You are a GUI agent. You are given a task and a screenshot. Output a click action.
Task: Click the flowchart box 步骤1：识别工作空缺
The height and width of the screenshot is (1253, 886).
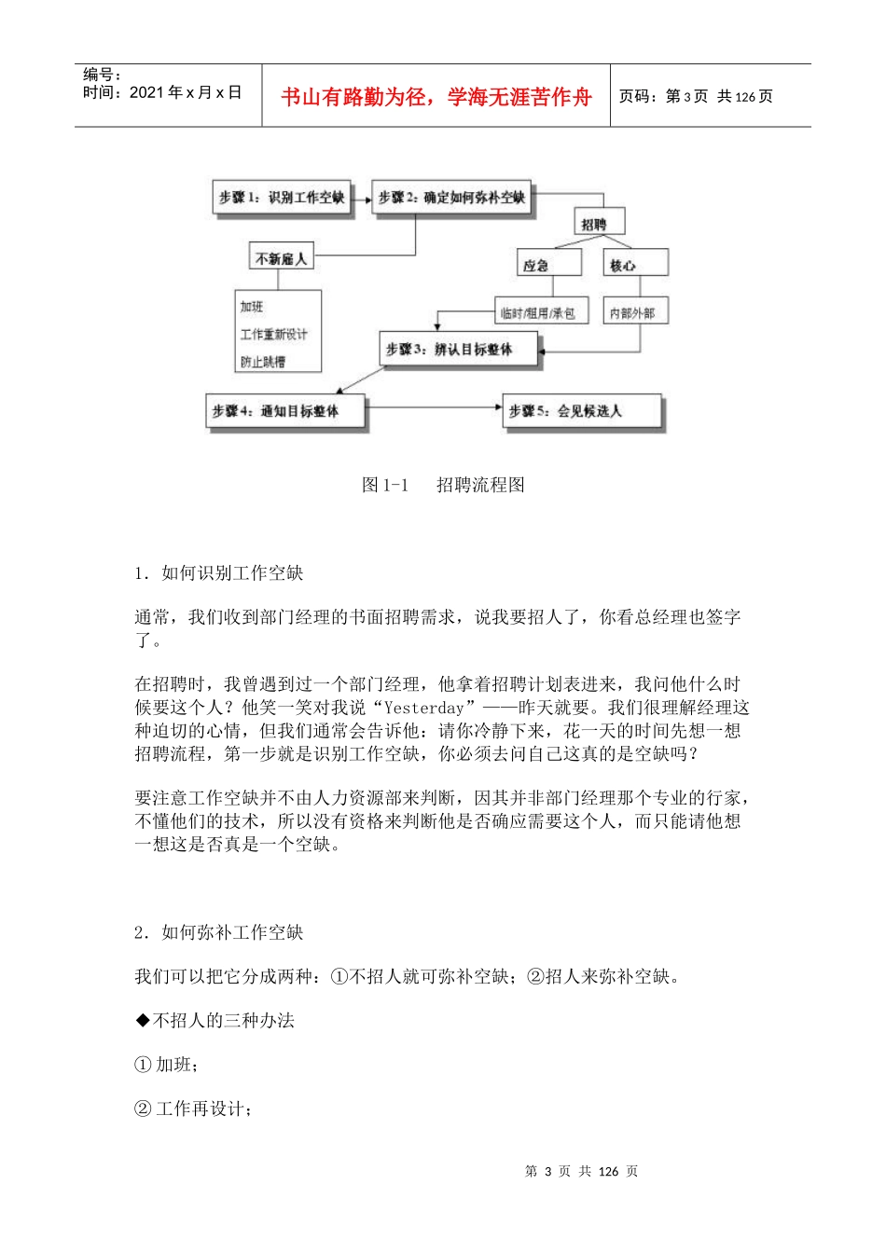pyautogui.click(x=282, y=198)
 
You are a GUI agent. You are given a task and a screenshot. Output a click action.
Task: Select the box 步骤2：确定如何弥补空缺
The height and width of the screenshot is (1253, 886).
pyautogui.click(x=451, y=198)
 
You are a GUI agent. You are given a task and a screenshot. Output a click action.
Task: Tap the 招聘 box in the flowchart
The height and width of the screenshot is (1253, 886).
pyautogui.click(x=595, y=224)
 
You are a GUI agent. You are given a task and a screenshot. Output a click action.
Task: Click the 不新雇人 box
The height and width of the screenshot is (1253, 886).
pyautogui.click(x=281, y=258)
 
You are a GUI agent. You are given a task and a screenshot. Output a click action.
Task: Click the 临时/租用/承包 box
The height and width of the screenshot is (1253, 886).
pyautogui.click(x=538, y=313)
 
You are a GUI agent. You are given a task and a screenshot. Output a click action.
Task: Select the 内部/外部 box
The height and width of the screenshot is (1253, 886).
pyautogui.click(x=634, y=313)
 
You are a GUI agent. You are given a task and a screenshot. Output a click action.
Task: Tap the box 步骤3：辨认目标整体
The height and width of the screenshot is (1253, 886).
pyautogui.click(x=459, y=350)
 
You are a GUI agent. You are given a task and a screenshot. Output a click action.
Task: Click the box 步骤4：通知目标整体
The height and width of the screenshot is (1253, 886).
pyautogui.click(x=285, y=411)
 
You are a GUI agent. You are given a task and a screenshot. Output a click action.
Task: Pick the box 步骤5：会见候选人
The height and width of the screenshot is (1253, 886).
pyautogui.click(x=581, y=411)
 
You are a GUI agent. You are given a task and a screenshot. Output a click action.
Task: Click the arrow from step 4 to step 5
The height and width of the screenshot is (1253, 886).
pyautogui.click(x=434, y=407)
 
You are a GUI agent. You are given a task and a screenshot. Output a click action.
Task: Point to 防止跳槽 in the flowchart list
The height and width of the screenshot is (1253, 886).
pyautogui.click(x=263, y=362)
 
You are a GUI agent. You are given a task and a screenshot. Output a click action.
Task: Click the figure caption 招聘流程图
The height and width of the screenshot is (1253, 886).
pyautogui.click(x=480, y=485)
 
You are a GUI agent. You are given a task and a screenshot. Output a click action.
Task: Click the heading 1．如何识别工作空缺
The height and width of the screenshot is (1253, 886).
pyautogui.click(x=219, y=573)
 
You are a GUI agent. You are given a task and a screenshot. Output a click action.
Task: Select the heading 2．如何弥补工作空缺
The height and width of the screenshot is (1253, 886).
pyautogui.click(x=219, y=933)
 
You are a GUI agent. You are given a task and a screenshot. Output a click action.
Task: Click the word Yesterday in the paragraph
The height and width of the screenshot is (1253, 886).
pyautogui.click(x=424, y=709)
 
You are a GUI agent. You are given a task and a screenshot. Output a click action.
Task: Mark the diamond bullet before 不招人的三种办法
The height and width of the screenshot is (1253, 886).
pyautogui.click(x=143, y=1021)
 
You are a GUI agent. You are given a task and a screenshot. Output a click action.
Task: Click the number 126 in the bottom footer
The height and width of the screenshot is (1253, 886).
pyautogui.click(x=608, y=1172)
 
